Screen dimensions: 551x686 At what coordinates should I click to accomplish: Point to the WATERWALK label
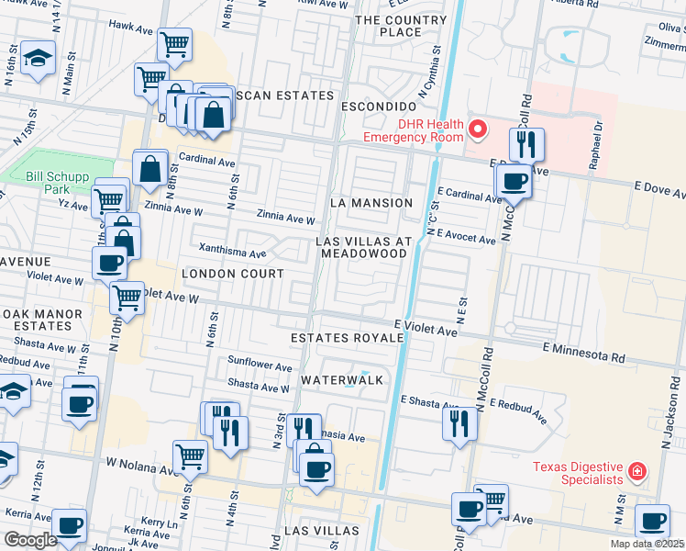[x=340, y=379]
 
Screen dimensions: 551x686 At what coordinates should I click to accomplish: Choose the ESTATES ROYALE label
[x=347, y=338]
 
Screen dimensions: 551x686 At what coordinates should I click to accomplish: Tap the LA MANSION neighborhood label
[x=371, y=202]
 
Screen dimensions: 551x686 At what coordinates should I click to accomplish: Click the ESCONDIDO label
[x=380, y=106]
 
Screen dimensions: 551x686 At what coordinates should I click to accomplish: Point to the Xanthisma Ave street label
[x=226, y=247]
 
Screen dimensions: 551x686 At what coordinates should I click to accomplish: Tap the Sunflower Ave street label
[x=260, y=365]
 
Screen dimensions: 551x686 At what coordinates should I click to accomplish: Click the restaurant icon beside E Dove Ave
[x=526, y=143]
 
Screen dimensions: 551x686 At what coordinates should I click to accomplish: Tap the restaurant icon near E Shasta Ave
[x=459, y=422]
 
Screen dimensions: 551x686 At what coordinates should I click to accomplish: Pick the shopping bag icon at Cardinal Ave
[x=149, y=169]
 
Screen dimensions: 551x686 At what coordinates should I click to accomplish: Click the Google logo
[x=30, y=540]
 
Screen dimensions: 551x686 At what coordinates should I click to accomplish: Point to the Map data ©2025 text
[x=647, y=544]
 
